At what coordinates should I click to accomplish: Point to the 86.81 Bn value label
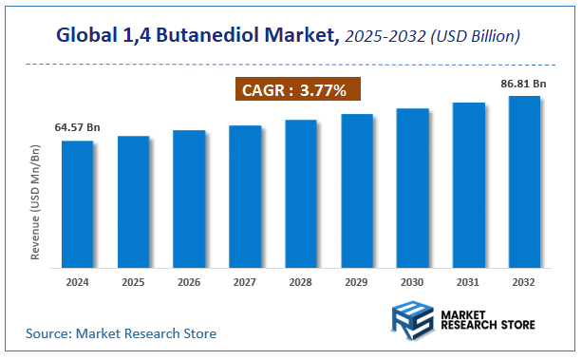(x=524, y=84)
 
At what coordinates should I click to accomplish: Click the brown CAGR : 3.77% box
(x=296, y=90)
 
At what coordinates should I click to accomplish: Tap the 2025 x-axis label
(x=133, y=282)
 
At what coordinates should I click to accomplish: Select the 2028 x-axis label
(x=301, y=282)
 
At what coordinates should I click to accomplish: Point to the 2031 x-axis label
(x=468, y=282)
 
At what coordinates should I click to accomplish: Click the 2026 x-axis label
(x=189, y=282)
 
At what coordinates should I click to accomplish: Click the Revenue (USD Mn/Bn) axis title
(x=36, y=201)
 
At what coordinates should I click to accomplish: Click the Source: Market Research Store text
(x=120, y=333)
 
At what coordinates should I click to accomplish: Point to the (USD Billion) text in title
(x=475, y=37)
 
